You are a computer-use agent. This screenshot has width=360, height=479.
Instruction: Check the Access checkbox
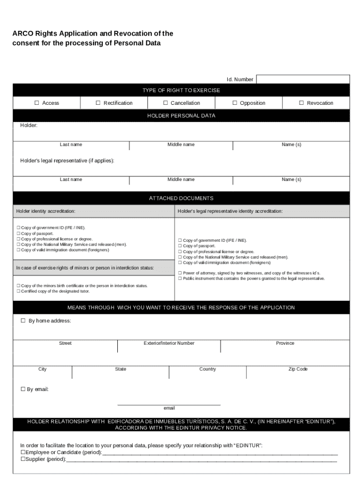tap(36, 103)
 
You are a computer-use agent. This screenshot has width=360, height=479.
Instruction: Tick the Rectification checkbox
tap(98, 103)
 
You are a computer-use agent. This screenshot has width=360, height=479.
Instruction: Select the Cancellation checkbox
tap(166, 103)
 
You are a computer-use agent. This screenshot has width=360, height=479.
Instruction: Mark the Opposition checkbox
tap(235, 103)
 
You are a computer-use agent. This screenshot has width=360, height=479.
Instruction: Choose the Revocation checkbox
tap(302, 103)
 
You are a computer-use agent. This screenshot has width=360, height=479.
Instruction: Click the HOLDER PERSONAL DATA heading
tap(181, 116)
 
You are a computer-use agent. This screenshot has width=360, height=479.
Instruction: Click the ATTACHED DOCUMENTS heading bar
tap(181, 198)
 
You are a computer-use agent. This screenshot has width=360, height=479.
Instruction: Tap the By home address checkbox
tap(23, 321)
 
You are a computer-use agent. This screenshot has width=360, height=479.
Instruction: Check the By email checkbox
tap(23, 389)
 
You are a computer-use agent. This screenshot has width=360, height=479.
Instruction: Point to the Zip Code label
tap(298, 369)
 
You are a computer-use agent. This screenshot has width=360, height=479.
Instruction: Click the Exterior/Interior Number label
tap(169, 343)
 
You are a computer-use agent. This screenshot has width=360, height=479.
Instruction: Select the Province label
tap(285, 343)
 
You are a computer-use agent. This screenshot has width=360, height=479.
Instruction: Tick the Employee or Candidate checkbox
tap(22, 453)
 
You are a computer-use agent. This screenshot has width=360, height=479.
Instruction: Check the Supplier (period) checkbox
tap(22, 459)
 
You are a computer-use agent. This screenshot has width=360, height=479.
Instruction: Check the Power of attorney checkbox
tap(180, 273)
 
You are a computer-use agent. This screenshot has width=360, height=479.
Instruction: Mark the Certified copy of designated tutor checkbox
tap(18, 291)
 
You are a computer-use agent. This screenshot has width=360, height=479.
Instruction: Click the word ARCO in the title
tap(22, 34)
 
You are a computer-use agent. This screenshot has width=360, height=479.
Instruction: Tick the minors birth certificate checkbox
tap(18, 285)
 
